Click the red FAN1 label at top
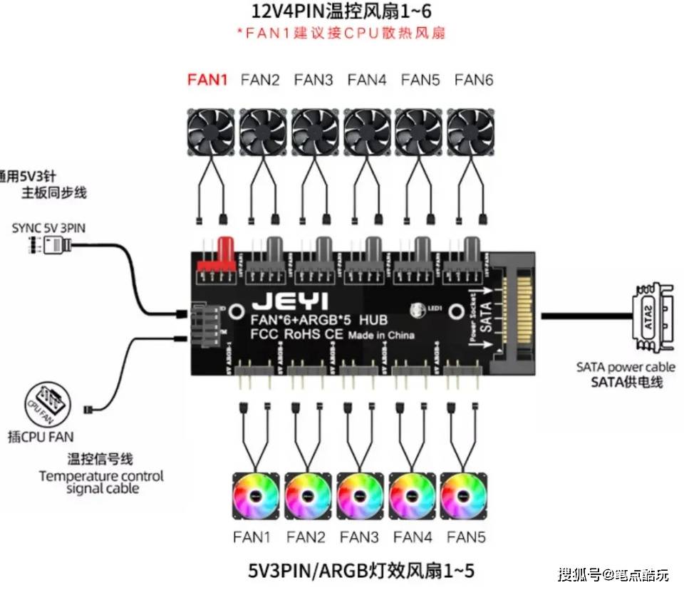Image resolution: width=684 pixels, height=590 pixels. click(x=207, y=80)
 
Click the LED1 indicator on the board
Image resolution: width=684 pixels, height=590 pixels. click(x=420, y=311)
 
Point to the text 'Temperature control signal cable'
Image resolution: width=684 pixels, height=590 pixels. click(x=101, y=482)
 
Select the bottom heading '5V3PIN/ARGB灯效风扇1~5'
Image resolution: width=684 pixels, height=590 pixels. click(x=361, y=570)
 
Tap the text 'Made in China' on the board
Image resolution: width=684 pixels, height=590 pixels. click(x=381, y=335)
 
